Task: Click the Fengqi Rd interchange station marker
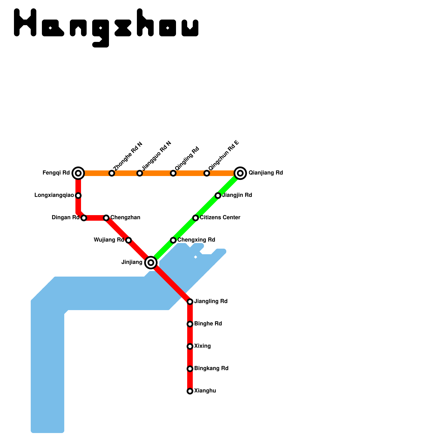(x=78, y=173)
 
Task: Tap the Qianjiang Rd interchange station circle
(x=240, y=173)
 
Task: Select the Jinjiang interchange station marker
(x=151, y=263)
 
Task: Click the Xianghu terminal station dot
(x=190, y=391)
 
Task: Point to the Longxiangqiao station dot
(x=78, y=196)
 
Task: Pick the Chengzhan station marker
(x=106, y=218)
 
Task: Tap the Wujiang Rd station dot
(x=129, y=240)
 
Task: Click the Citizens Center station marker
(x=196, y=218)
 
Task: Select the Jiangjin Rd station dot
(x=218, y=196)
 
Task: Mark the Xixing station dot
(x=190, y=346)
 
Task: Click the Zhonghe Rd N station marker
(x=112, y=173)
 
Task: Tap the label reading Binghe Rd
(x=208, y=324)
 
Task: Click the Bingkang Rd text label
(x=211, y=368)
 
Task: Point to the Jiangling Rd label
(x=211, y=301)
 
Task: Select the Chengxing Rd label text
(x=196, y=240)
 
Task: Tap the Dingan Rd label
(x=65, y=218)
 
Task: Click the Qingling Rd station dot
(x=173, y=173)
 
